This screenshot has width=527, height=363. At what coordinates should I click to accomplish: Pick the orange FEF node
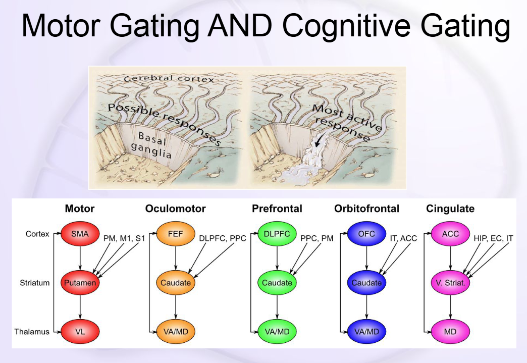[x=176, y=234]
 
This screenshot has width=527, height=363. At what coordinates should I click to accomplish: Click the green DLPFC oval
[x=277, y=234]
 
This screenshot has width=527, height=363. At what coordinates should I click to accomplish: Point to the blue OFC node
[x=366, y=234]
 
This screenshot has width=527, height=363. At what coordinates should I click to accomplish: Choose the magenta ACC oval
[x=451, y=234]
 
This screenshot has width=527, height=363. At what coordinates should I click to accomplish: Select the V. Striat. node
[x=451, y=283]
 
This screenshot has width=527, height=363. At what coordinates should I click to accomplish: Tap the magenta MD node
[x=451, y=332]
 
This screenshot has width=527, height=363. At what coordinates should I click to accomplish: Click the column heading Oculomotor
[x=175, y=209]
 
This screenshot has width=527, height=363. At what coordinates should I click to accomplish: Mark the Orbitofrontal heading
[x=366, y=209]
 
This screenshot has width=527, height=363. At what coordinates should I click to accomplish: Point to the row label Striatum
[x=34, y=283]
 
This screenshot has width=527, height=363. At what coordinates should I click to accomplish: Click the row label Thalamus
[x=32, y=332]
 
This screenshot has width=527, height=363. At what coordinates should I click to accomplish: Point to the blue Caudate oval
[x=366, y=283]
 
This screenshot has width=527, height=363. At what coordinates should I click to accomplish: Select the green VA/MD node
[x=277, y=332]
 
